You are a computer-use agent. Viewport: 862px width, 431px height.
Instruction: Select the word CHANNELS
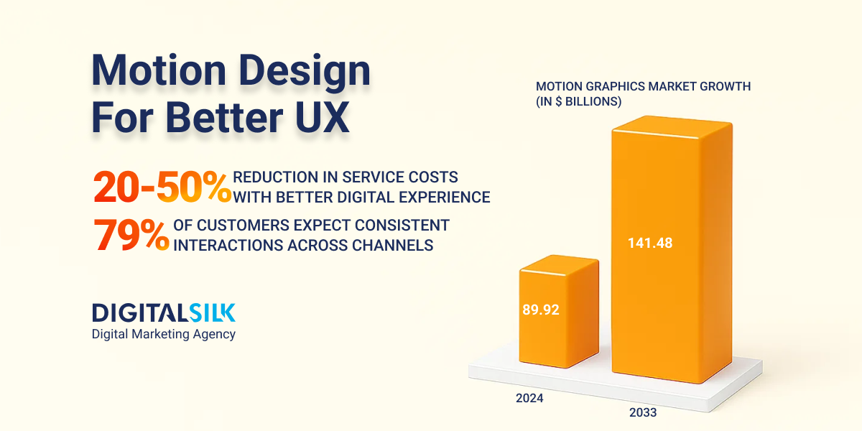[394, 245]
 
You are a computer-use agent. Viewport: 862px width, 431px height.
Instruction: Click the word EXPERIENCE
[445, 197]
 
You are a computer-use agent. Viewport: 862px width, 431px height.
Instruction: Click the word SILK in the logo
[212, 312]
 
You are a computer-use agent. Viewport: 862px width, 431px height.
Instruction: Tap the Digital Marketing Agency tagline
[163, 334]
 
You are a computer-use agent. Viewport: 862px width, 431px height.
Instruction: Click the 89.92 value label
[540, 310]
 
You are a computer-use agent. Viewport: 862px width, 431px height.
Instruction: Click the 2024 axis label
[529, 398]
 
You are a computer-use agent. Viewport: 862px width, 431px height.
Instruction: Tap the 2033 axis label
[642, 412]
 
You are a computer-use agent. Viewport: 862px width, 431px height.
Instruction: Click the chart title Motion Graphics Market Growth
[643, 86]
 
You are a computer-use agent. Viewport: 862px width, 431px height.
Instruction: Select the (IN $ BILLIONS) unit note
[578, 102]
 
